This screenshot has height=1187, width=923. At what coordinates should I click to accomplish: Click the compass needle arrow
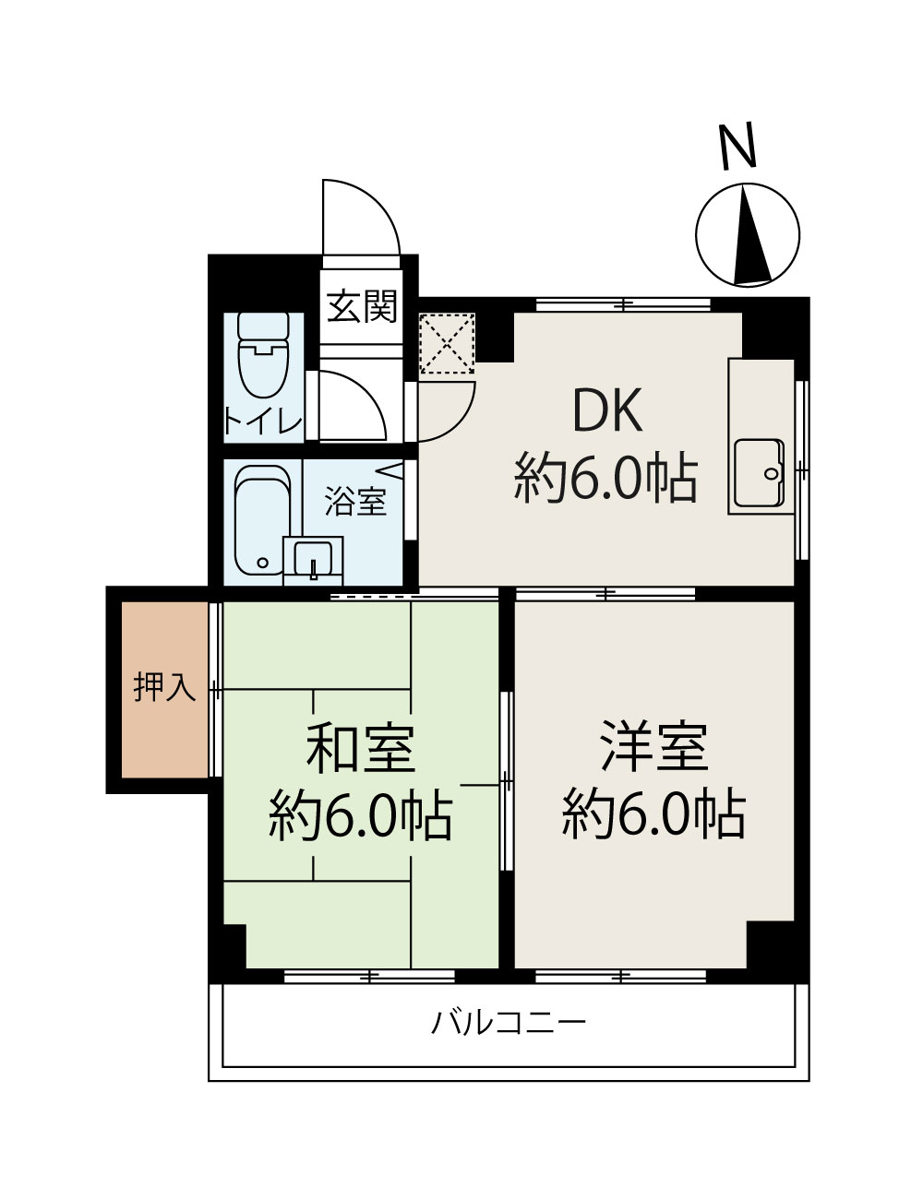tap(750, 237)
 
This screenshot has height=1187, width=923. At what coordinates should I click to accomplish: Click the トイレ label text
tap(263, 421)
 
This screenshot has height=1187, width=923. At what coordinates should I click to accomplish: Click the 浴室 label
tap(355, 503)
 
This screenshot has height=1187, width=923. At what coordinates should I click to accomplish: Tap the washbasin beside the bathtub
tap(313, 558)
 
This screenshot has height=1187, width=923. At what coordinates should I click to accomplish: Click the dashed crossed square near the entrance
tap(446, 344)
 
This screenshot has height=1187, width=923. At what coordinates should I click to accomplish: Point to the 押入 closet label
tap(164, 687)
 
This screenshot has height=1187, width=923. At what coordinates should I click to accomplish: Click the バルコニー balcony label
tap(509, 1023)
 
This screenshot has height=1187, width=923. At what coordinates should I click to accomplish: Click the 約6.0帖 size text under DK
tap(605, 477)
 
